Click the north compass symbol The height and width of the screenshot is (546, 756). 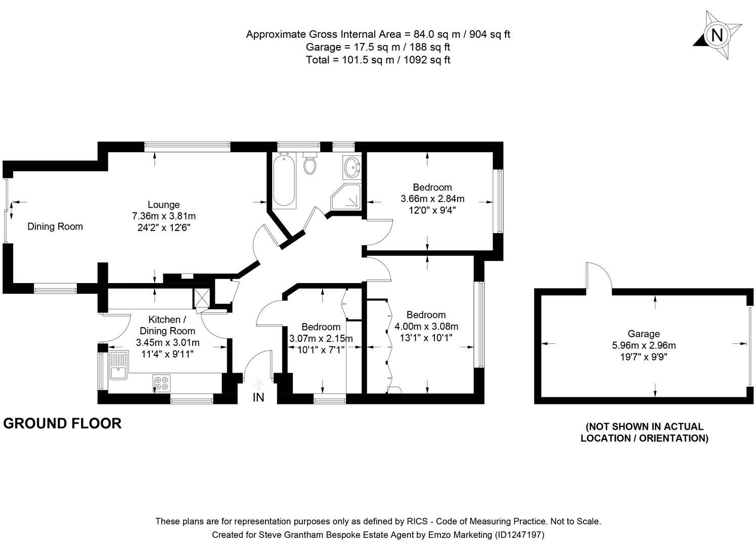[x=717, y=35]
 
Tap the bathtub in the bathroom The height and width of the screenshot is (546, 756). [x=284, y=181]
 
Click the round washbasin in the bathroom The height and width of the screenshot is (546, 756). [x=351, y=166]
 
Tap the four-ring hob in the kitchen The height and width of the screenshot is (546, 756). [x=162, y=383]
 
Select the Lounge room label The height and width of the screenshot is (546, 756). [x=163, y=205]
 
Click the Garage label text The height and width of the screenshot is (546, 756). [x=644, y=334]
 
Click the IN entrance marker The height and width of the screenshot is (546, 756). [x=258, y=397]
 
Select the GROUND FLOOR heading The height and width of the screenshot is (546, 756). [x=62, y=423]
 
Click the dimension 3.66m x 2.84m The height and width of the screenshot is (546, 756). [x=432, y=199]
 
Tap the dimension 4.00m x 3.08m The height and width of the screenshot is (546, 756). [x=426, y=326]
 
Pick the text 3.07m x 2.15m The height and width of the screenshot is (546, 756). [x=321, y=338]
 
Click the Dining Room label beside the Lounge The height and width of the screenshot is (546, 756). [x=55, y=226]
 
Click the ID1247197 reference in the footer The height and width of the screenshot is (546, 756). [x=519, y=534]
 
